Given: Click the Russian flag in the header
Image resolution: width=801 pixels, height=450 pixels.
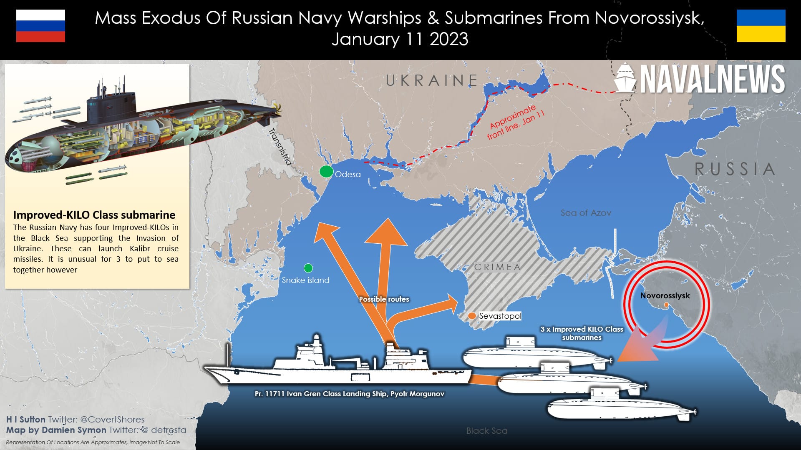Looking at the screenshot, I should click(x=40, y=26).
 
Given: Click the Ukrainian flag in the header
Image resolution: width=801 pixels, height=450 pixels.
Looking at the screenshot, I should click(x=761, y=26).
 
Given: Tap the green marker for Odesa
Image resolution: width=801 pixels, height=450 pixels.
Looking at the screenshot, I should click(x=326, y=171).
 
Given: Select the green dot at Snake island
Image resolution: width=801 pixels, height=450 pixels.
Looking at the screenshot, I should click(x=308, y=268).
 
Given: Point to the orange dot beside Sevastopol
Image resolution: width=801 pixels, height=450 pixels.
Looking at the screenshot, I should click(x=472, y=316).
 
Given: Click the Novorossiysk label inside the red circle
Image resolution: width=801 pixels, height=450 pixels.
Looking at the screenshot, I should click(x=665, y=296).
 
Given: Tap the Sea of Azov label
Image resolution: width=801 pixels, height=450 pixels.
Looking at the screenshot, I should click(x=585, y=213).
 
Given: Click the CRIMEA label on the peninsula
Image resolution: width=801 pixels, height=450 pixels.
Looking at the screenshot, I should click(x=497, y=267).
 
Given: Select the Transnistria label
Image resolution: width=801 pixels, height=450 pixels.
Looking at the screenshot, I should click(x=280, y=147).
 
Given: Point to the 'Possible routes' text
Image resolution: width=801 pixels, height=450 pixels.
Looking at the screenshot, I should click(x=384, y=299).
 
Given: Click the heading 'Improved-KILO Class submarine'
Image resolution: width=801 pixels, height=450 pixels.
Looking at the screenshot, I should click(x=94, y=215).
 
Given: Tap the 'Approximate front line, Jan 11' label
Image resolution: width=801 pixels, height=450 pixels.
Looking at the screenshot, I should click(x=515, y=122).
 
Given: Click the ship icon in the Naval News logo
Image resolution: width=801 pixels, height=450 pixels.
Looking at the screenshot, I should click(x=625, y=78).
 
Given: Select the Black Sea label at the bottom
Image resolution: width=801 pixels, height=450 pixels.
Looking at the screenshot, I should click(x=487, y=431).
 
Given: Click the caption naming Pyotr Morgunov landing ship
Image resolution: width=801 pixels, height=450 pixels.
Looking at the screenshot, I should click(x=349, y=394).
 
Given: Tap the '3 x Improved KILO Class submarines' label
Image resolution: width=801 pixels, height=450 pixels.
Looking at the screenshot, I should click(x=582, y=333).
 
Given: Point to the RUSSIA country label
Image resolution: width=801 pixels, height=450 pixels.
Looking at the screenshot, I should click(x=734, y=169).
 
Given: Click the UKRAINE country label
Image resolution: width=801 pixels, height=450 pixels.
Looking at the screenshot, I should click(x=431, y=80).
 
